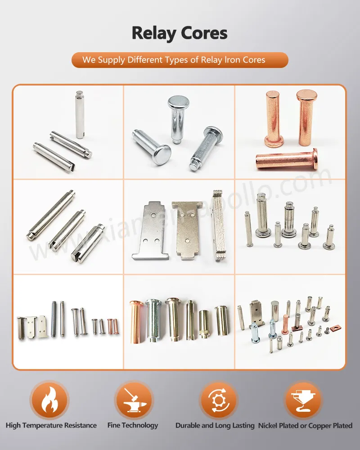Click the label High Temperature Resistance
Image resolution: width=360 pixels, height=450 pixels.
[x=51, y=425]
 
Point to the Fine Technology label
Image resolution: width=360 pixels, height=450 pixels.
[x=133, y=425]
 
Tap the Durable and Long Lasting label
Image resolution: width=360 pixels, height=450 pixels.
[x=215, y=425]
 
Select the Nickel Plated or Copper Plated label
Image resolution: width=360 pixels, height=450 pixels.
[x=306, y=425]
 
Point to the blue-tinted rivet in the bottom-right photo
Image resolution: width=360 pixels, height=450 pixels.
[x=255, y=334]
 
